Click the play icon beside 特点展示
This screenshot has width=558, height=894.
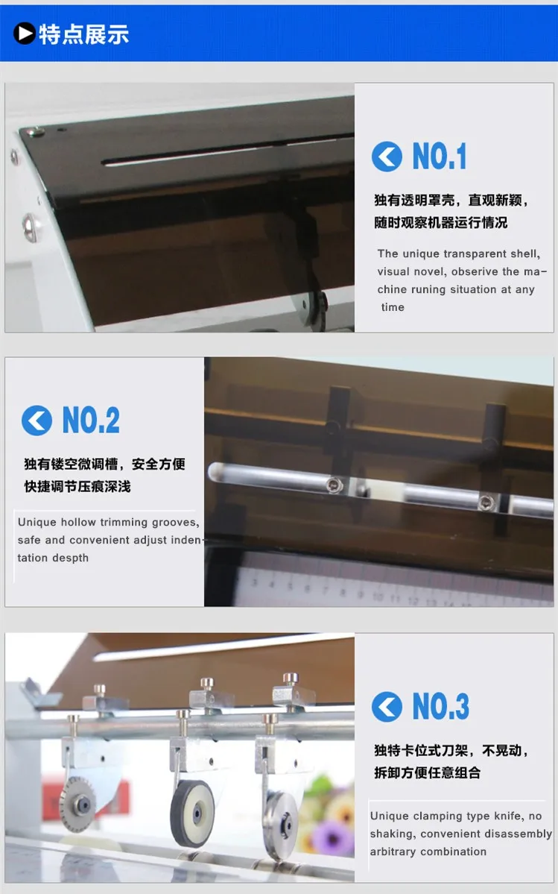pos(24,33)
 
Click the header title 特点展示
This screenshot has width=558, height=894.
pos(83,34)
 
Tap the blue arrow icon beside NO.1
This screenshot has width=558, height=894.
pos(387,157)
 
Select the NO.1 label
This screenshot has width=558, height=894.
pos(439,157)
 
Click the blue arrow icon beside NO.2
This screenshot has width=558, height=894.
pos(37,421)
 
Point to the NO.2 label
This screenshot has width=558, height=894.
pos(91,421)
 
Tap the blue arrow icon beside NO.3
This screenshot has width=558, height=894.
pos(387,706)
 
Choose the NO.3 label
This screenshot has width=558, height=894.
pos(441,706)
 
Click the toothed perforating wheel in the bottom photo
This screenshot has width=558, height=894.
pos(77,805)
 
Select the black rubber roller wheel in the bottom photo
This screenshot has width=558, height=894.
pos(193,813)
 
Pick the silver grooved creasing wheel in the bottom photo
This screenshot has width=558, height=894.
pos(282,821)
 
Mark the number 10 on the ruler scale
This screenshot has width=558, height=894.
pos(378,596)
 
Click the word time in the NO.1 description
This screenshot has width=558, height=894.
pos(393,307)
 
